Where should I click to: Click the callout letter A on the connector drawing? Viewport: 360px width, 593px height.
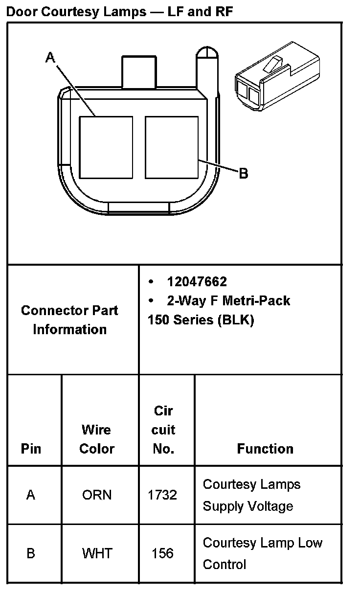click(50, 58)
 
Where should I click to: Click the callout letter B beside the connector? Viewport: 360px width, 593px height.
click(243, 173)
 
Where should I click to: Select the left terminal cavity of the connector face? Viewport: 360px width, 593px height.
click(106, 147)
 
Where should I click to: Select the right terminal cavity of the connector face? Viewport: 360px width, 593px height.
click(172, 147)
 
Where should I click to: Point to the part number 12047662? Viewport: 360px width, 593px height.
click(197, 282)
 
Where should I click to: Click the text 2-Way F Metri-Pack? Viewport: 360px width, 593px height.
click(228, 300)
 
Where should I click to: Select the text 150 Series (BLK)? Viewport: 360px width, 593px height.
click(201, 320)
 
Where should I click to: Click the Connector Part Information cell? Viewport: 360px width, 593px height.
click(70, 319)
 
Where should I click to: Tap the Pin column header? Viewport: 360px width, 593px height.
click(31, 449)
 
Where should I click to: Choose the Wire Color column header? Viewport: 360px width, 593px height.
click(97, 439)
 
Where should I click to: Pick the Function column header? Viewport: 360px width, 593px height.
click(265, 449)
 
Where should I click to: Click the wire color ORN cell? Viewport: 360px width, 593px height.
click(97, 495)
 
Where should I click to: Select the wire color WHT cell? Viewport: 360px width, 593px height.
click(97, 553)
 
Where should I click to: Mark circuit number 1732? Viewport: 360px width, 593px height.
click(162, 495)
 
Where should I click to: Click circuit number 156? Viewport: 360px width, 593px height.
click(162, 553)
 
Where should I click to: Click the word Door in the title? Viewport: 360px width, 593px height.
click(22, 12)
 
